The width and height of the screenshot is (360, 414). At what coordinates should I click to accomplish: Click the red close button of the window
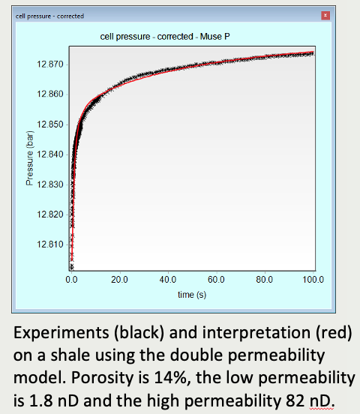pyautogui.click(x=325, y=15)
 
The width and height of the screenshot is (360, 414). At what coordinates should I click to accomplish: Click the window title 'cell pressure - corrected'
pyautogui.click(x=49, y=16)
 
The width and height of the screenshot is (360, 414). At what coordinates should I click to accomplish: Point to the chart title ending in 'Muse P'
pyautogui.click(x=165, y=37)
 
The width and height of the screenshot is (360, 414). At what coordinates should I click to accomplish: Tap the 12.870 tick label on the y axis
pyautogui.click(x=50, y=64)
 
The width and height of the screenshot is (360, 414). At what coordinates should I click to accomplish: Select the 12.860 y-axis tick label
pyautogui.click(x=50, y=94)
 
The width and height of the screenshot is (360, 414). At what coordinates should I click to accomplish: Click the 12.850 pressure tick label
pyautogui.click(x=50, y=124)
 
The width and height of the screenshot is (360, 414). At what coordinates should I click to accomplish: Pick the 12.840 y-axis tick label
pyautogui.click(x=50, y=154)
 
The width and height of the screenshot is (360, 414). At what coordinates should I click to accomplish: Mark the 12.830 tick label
pyautogui.click(x=50, y=184)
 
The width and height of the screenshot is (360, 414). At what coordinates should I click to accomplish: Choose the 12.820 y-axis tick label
pyautogui.click(x=50, y=214)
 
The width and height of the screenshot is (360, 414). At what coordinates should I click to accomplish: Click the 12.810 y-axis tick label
pyautogui.click(x=50, y=244)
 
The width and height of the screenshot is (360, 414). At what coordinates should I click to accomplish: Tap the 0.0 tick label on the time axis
pyautogui.click(x=71, y=280)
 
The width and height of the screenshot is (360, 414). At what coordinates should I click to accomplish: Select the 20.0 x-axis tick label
pyautogui.click(x=120, y=280)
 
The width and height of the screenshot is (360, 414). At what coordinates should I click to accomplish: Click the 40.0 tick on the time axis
pyautogui.click(x=168, y=280)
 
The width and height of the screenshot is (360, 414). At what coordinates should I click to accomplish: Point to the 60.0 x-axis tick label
pyautogui.click(x=216, y=280)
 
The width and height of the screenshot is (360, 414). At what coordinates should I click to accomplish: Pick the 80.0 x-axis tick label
pyautogui.click(x=265, y=280)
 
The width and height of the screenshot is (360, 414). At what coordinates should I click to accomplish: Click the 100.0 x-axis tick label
pyautogui.click(x=313, y=280)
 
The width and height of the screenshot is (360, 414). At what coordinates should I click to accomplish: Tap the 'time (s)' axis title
pyautogui.click(x=192, y=295)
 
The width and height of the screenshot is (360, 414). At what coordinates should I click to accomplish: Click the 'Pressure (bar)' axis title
pyautogui.click(x=30, y=158)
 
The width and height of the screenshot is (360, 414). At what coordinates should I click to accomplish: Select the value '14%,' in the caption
pyautogui.click(x=173, y=378)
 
